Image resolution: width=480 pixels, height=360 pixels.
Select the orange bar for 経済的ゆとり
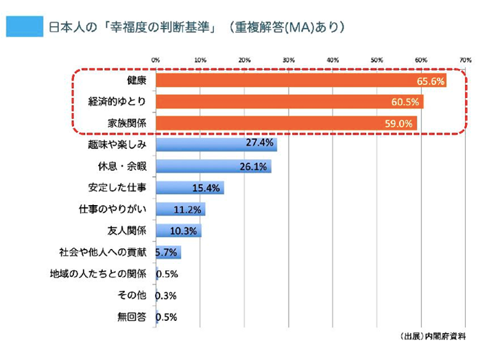(289, 102)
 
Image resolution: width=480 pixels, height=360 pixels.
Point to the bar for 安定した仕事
(189, 187)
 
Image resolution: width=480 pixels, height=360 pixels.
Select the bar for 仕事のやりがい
(180, 208)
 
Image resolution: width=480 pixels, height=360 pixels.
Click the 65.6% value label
(431, 82)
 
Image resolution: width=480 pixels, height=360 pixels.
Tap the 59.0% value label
(400, 124)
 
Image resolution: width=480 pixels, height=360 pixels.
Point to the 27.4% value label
(260, 143)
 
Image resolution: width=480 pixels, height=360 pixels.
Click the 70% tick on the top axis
(464, 60)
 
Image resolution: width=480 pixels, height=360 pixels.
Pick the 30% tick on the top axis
(289, 60)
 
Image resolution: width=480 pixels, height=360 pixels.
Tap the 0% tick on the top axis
(156, 60)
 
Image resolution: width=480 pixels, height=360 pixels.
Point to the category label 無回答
(132, 317)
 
